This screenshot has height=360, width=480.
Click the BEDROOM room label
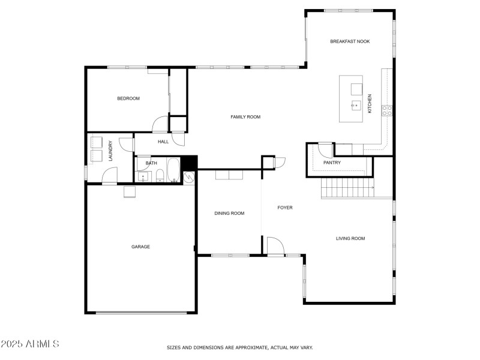point(128,98)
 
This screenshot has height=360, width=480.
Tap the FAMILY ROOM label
point(245,117)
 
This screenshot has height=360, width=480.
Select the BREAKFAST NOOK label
point(350,41)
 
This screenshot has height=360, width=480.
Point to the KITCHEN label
point(370,103)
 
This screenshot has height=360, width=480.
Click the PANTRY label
point(332,163)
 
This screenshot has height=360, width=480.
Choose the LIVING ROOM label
point(350,238)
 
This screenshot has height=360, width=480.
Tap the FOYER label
point(285,208)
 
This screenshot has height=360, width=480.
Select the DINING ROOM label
point(229,214)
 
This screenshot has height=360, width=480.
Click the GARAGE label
point(140,247)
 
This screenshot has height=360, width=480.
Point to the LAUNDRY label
point(110,151)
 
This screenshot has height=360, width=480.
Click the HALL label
point(163,142)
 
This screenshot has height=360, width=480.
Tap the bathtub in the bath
point(173,170)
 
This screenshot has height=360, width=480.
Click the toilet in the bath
point(160,176)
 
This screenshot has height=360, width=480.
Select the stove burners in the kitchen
point(387,111)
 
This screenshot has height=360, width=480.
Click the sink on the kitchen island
point(356,106)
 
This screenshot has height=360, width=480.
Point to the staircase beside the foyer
point(348,188)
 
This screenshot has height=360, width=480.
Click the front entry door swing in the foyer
point(276,245)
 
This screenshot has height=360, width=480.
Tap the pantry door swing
point(325,151)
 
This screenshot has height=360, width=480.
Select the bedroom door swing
point(160,124)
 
